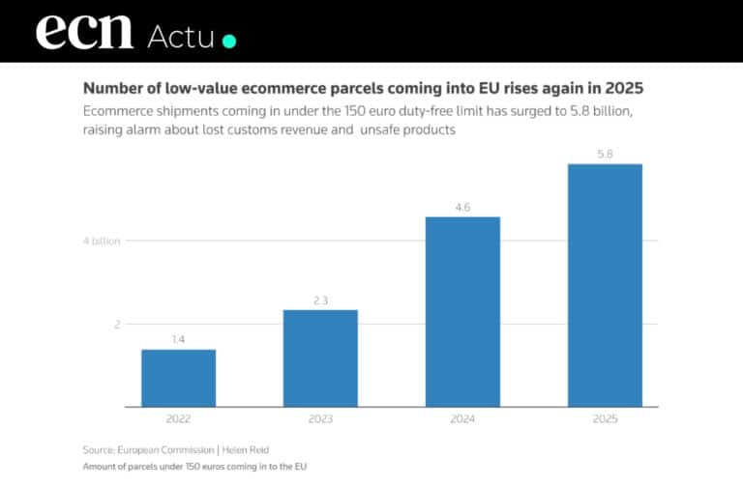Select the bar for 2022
(178, 378)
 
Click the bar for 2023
(320, 358)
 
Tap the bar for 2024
(462, 311)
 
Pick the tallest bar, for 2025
(605, 285)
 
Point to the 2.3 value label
(320, 301)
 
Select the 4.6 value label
(462, 208)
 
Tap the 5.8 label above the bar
(605, 155)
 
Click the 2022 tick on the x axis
(178, 419)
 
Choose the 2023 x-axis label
(320, 419)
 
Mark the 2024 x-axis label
(462, 419)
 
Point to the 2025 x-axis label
(605, 419)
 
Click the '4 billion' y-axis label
(102, 241)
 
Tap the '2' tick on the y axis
(117, 325)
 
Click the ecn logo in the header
(84, 31)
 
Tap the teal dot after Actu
(229, 41)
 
